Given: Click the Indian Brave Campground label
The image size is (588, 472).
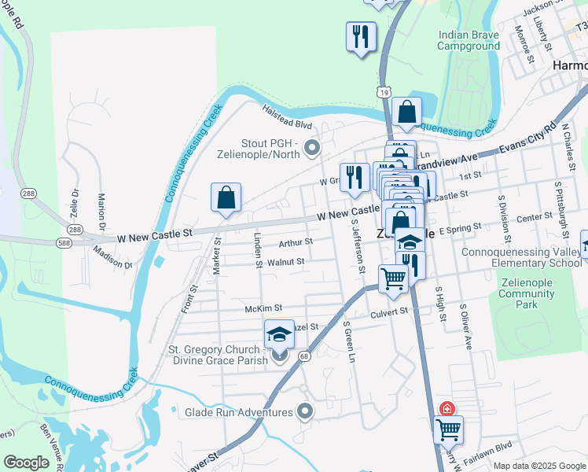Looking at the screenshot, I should (469, 40).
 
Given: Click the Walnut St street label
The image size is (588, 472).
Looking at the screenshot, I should (285, 262).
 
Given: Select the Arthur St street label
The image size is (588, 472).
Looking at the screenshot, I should (296, 242).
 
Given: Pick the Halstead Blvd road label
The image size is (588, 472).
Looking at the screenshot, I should (287, 119).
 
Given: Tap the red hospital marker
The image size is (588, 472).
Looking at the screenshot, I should (447, 408).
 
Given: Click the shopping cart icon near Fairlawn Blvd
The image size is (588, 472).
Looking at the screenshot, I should (448, 430).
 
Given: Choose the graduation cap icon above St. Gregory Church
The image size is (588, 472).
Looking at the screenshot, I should (278, 334).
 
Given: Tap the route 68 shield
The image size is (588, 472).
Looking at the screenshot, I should (303, 356).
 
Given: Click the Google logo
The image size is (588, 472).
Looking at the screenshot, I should (26, 463).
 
